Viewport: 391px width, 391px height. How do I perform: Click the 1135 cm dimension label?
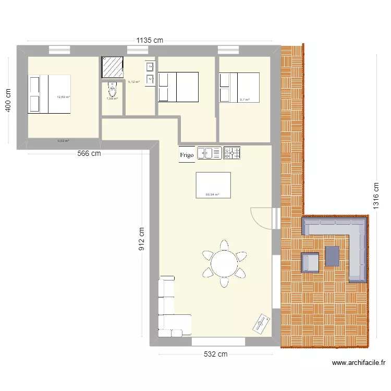(x=150, y=40)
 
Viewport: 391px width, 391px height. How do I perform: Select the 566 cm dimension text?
(x=89, y=154)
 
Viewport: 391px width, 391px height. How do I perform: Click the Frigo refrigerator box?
(x=187, y=154)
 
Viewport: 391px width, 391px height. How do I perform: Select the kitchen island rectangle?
(x=213, y=185)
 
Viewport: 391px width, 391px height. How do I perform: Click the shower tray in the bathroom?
(x=112, y=67)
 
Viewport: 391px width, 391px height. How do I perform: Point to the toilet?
(x=112, y=89)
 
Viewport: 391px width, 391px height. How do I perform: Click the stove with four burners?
(x=232, y=153)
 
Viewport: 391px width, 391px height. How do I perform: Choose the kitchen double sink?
(x=210, y=153)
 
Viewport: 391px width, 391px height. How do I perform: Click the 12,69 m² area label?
(x=64, y=97)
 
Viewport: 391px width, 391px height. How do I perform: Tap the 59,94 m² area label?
(x=212, y=195)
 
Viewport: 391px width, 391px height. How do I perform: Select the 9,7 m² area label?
(x=244, y=100)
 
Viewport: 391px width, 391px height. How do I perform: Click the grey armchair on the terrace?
(x=311, y=262)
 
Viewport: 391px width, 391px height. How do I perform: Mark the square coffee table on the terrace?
(x=332, y=256)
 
